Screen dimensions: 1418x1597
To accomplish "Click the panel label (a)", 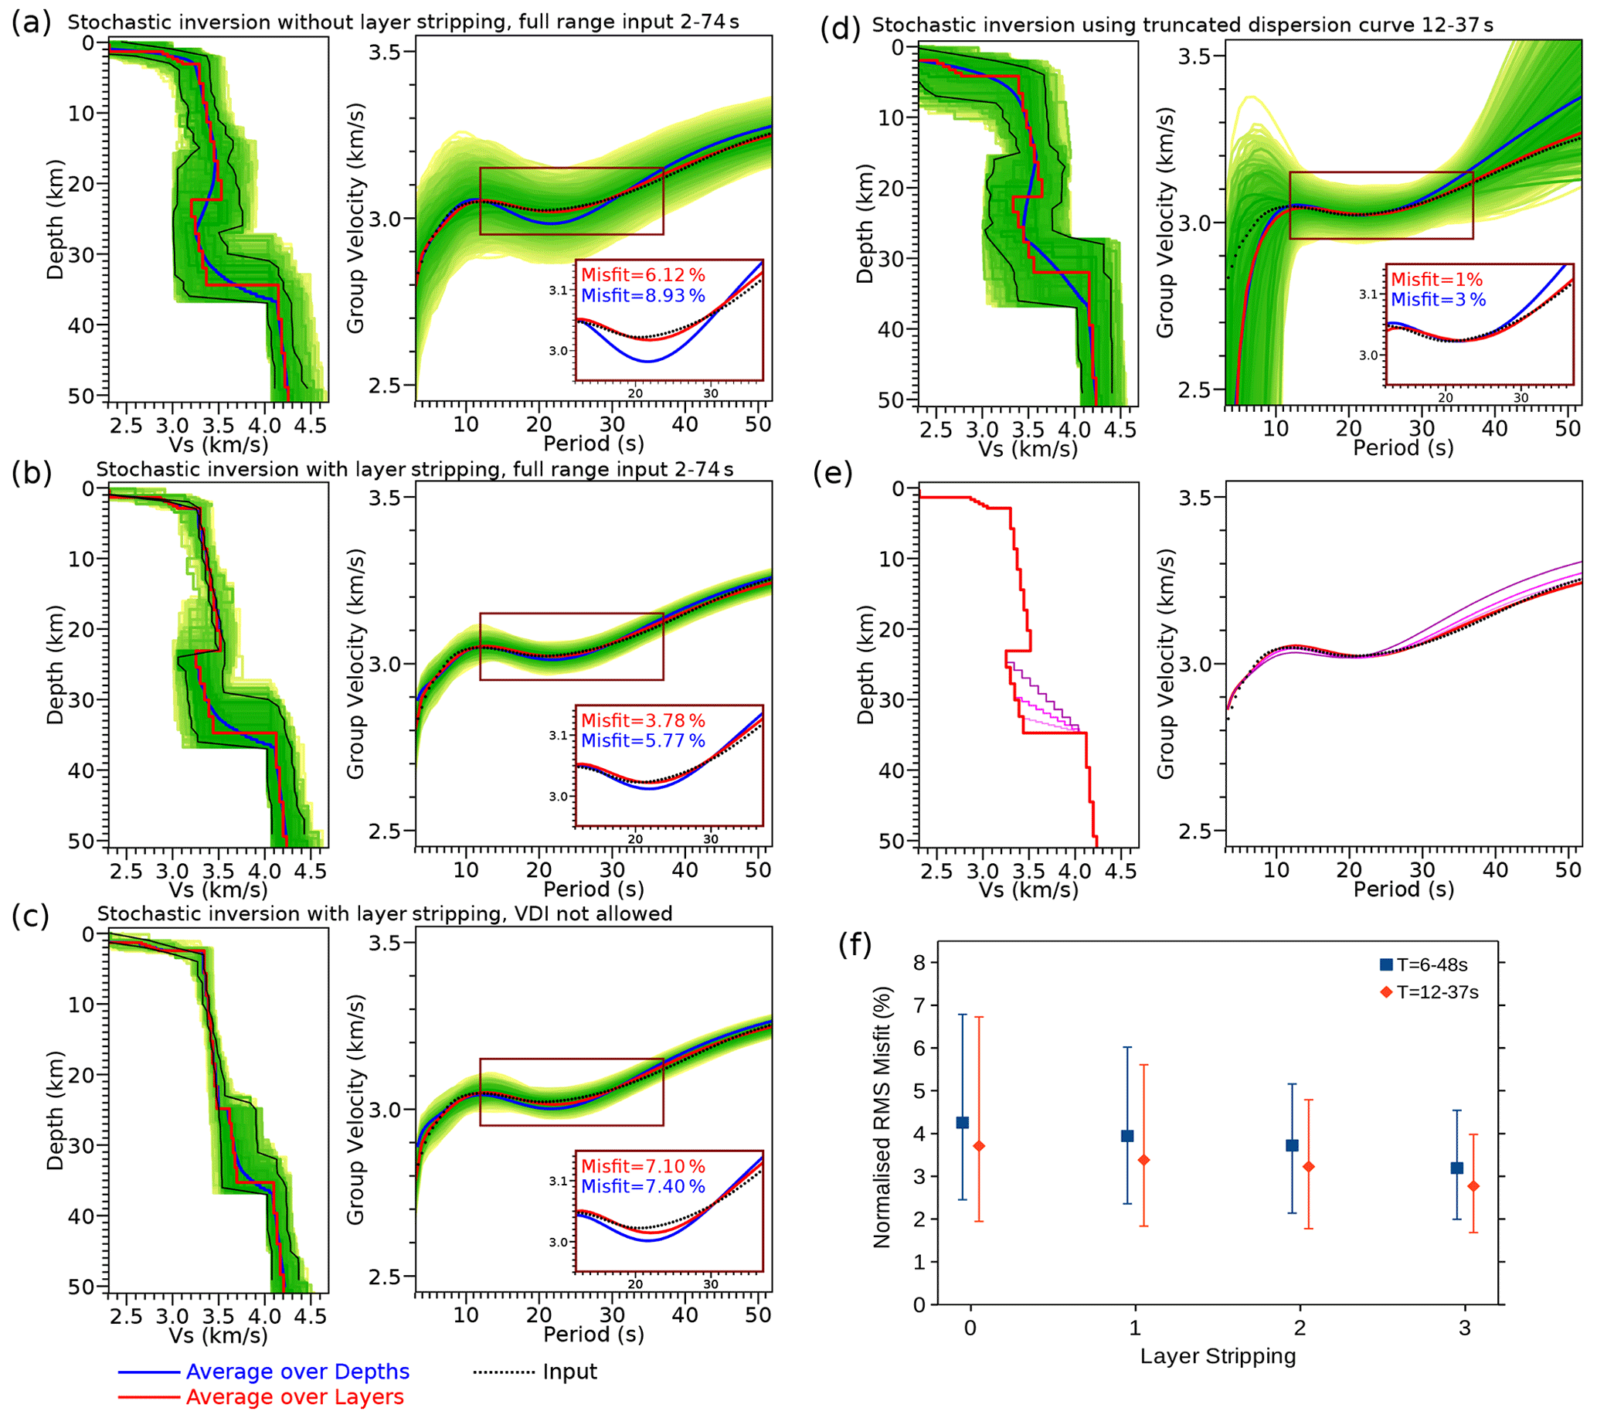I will [30, 22].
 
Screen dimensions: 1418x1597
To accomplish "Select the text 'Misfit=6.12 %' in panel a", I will [642, 275].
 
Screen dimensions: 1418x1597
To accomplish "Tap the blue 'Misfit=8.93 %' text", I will [642, 295].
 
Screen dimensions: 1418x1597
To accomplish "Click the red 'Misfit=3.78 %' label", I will [642, 720].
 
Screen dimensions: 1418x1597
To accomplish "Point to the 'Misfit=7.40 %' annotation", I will [642, 1186].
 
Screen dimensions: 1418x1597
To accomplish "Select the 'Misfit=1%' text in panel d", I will [1436, 280].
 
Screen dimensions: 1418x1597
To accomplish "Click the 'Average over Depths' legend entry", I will [297, 1372].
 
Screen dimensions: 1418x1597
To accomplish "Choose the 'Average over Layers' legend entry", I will [294, 1397].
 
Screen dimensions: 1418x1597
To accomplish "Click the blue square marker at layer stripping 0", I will [963, 1123].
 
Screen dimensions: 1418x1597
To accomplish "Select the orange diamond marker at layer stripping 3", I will [1473, 1187].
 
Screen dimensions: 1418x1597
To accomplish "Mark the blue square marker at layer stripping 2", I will [1293, 1145].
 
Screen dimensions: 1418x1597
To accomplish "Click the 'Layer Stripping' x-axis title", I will [1218, 1356].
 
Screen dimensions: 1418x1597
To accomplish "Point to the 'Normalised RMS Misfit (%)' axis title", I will [882, 1117].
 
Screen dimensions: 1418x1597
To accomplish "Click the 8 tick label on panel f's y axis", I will [919, 963].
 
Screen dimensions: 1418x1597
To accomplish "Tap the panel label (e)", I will [832, 474].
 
